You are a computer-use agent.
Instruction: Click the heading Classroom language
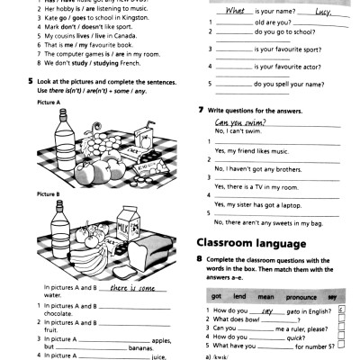coord(254,242)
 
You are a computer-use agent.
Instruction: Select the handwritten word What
coord(236,12)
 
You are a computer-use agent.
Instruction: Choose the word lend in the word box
coord(237,296)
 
